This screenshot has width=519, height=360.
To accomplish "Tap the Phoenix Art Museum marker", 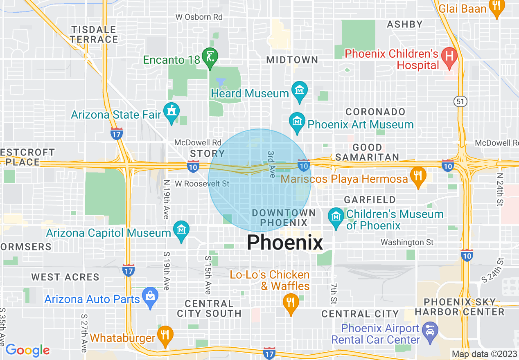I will click(297, 122).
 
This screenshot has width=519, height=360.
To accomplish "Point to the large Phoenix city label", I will click(285, 242).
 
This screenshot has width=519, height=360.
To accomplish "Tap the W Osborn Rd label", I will click(199, 17).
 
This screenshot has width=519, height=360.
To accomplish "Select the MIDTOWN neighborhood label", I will click(292, 60).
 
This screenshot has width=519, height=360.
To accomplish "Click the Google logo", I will click(27, 350).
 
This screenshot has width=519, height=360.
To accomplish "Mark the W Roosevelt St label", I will click(202, 184).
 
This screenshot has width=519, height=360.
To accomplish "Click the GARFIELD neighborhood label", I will click(370, 200).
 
